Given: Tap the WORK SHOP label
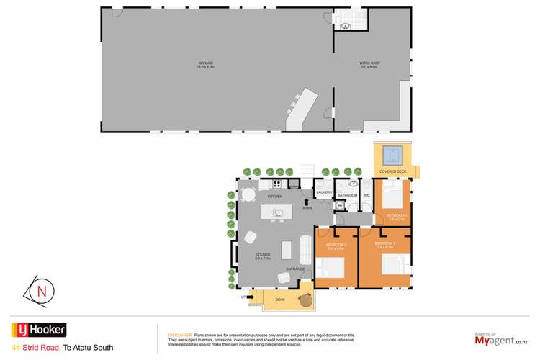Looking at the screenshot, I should pos(369,64).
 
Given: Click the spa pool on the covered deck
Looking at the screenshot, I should pos(391,154).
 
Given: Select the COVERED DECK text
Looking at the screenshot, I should pos(392,171).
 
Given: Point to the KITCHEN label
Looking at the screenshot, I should pos(275,196).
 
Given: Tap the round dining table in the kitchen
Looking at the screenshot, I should pos(248,194).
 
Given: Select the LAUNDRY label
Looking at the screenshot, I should pos(324,192).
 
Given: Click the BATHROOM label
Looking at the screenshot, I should pos(348,195).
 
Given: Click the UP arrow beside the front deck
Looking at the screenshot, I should pos(243,297).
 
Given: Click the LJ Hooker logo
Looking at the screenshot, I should pos(37,330).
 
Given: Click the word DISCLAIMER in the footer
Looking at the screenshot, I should pos(179,336).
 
